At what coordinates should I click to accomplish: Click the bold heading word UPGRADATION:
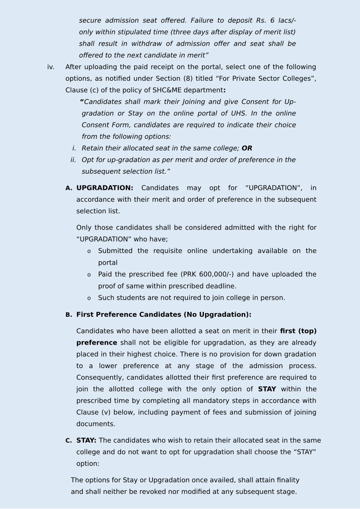click(105, 188)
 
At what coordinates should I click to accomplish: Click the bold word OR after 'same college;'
click(247, 148)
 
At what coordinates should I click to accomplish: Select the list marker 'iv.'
click(51, 67)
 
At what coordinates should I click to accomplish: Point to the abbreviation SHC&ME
click(167, 90)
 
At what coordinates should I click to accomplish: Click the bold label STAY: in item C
click(86, 441)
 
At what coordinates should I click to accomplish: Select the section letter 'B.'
click(69, 315)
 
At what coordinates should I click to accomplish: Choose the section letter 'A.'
click(69, 188)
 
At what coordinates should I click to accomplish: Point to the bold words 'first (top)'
click(298, 331)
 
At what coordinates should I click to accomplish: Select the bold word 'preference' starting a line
click(97, 343)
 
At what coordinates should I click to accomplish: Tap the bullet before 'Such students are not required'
click(89, 298)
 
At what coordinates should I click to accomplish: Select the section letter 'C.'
click(69, 441)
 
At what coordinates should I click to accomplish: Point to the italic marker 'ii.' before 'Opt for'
click(73, 160)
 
